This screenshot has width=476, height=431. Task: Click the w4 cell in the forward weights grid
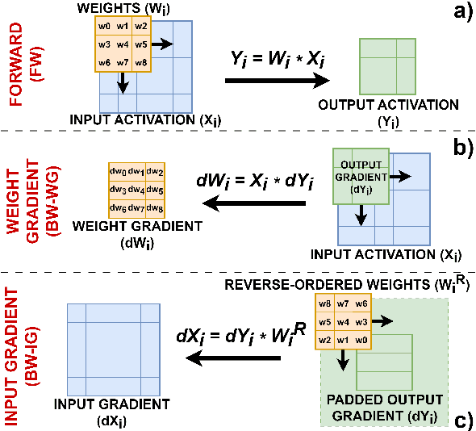(x=123, y=44)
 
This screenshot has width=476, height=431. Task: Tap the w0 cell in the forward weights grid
(x=103, y=27)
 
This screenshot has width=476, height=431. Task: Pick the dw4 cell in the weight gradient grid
(x=136, y=190)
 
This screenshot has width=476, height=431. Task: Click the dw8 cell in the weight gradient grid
(x=155, y=208)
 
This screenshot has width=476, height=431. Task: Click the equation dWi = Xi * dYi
(x=253, y=182)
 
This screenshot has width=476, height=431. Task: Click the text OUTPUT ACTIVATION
(x=388, y=105)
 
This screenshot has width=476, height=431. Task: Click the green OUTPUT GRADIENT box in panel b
(x=360, y=174)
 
